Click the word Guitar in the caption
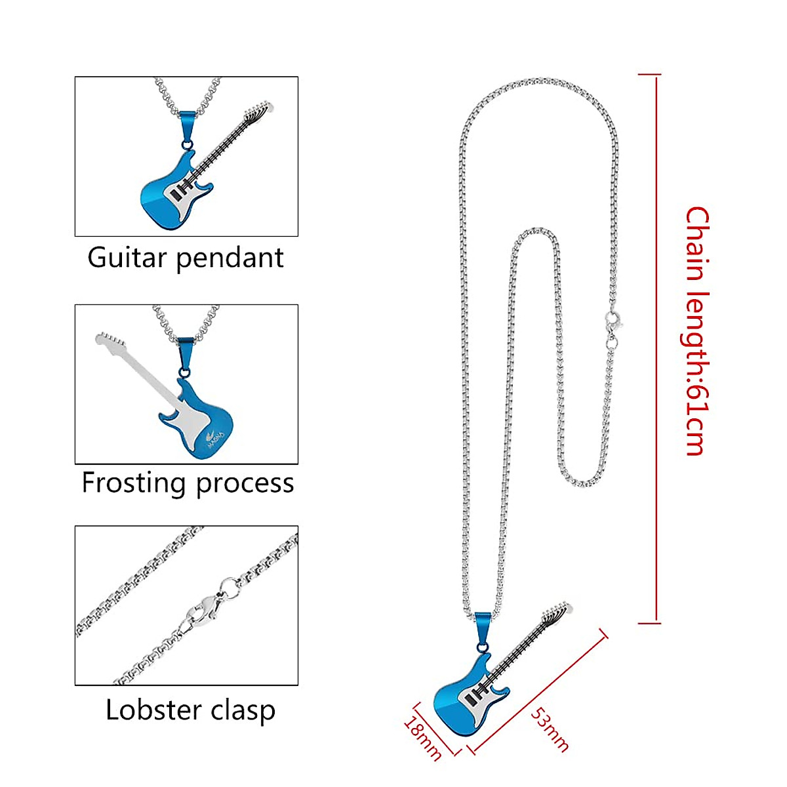tap(127, 257)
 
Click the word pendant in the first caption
tap(230, 258)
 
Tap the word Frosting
tap(134, 483)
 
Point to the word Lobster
tap(144, 710)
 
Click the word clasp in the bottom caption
tap(239, 711)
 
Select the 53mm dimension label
tap(550, 729)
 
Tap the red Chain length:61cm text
tap(697, 331)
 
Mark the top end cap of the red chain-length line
tap(649, 75)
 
